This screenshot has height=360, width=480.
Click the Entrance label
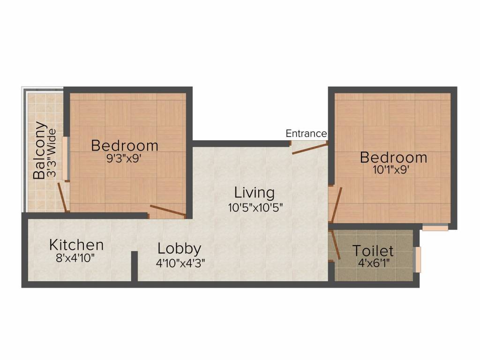pos(306,134)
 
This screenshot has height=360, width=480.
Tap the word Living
pos(255,193)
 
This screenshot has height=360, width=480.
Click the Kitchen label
pos(76,245)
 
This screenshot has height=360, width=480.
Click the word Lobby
pos(180,248)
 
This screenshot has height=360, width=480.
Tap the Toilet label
pos(373,250)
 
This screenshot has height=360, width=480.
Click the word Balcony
pos(40,151)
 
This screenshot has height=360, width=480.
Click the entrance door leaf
pos(309,149)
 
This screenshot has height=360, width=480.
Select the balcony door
pos(62,196)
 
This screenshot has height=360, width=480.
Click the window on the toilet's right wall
pos(417,259)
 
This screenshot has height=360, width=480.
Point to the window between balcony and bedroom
pos(67,158)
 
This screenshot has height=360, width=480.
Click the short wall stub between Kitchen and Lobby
pos(134,266)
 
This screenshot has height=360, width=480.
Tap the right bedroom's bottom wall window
pos(435,228)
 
